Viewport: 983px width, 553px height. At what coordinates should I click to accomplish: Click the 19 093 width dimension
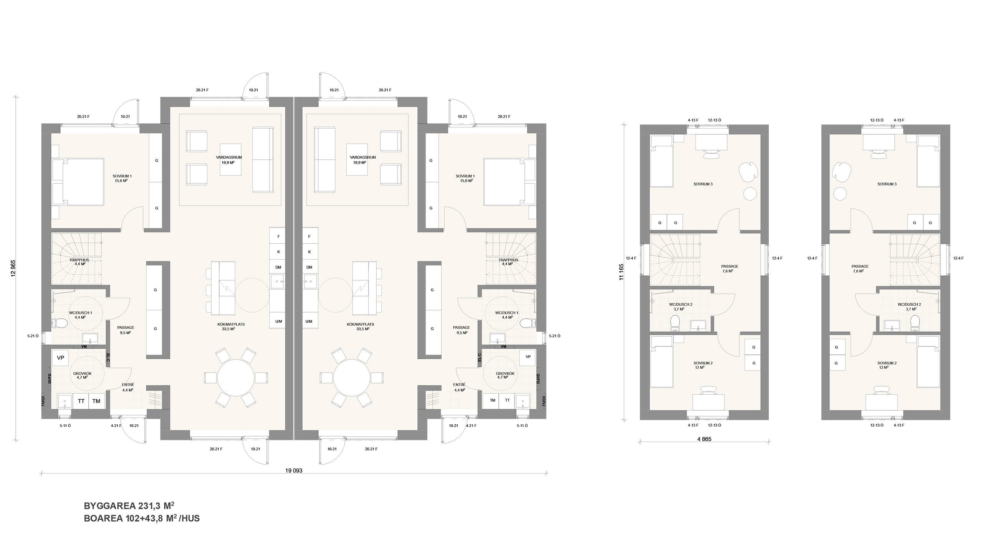[294, 470]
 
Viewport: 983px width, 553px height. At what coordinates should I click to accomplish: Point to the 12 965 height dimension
[13, 268]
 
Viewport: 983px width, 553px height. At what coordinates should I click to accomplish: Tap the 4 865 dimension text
[704, 439]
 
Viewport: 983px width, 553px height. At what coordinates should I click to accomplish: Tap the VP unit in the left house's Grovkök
[60, 358]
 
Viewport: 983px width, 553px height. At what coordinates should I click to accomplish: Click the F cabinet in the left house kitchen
[278, 237]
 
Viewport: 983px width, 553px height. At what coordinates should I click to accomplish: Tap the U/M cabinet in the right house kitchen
[309, 321]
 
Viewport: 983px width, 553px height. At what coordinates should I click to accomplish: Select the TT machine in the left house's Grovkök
[81, 401]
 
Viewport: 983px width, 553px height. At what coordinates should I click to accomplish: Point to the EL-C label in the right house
[479, 358]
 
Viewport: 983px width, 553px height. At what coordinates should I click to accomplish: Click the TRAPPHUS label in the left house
[79, 260]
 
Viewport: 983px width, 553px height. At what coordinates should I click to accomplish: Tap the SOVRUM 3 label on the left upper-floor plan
[703, 184]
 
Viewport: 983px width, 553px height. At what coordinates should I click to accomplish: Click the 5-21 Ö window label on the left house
[33, 336]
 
